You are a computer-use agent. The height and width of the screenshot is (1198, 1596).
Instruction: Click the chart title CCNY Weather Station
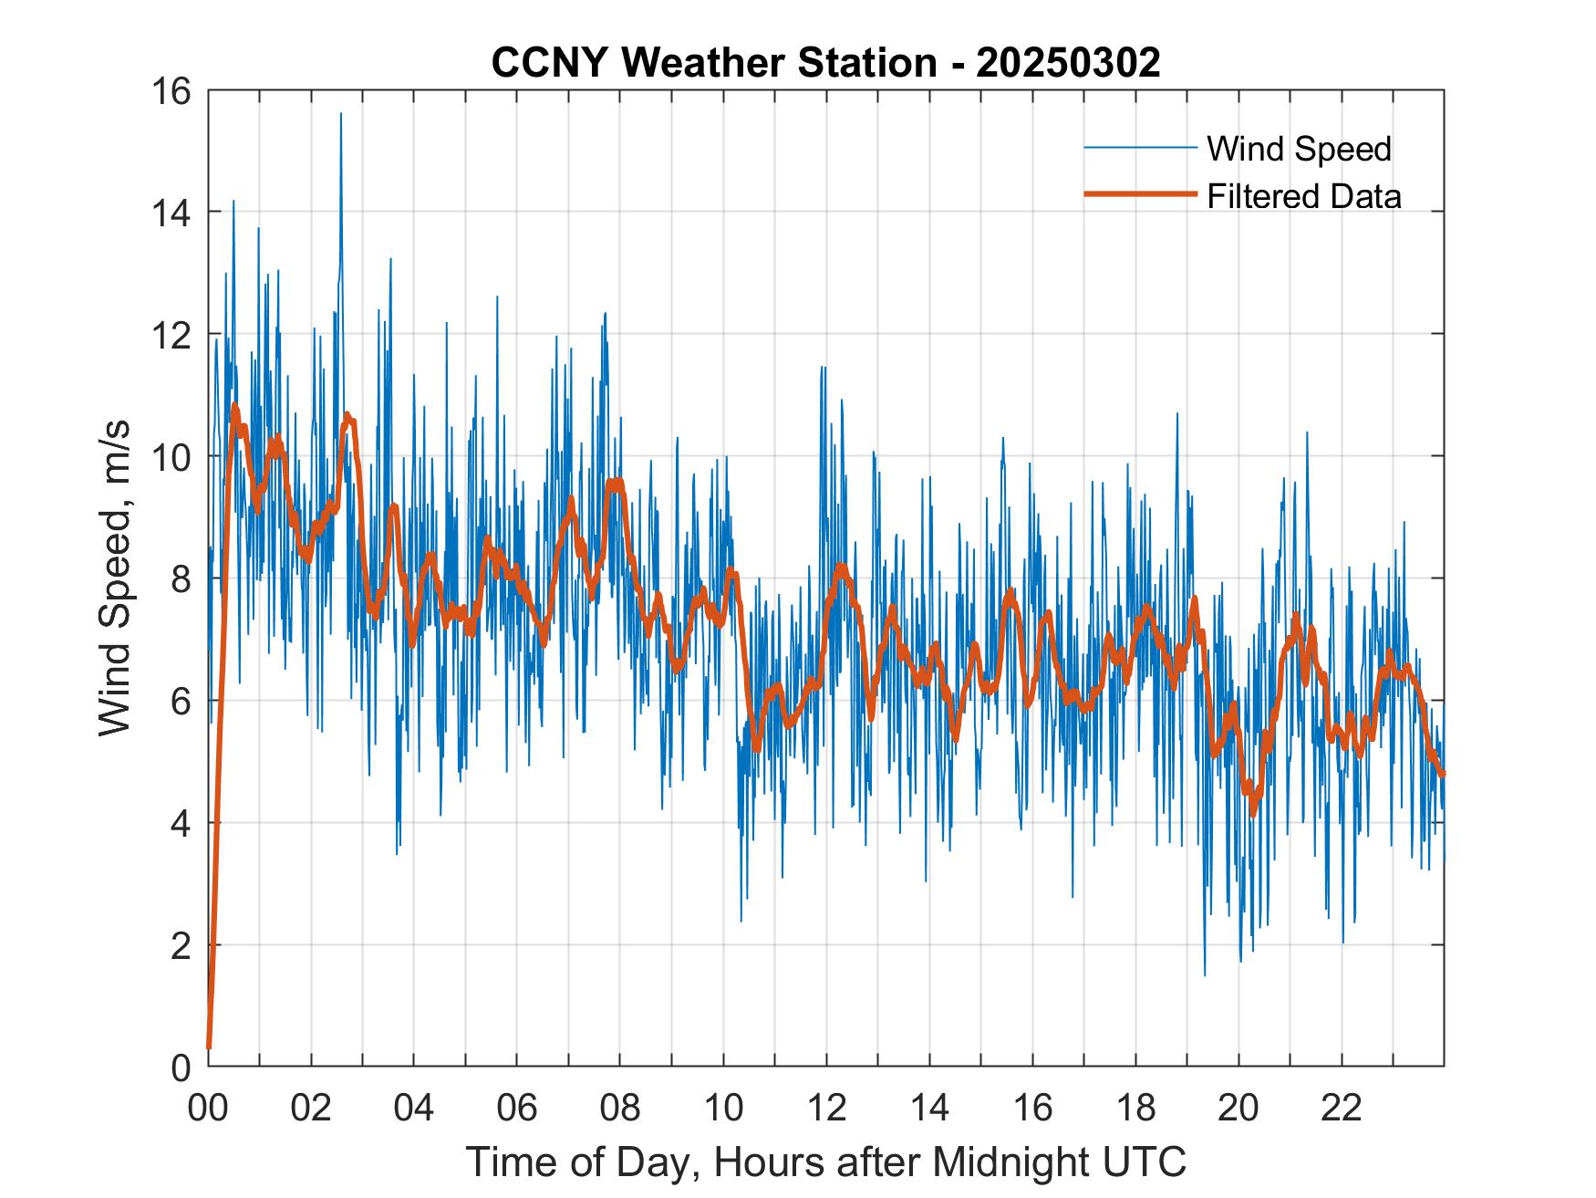(x=713, y=63)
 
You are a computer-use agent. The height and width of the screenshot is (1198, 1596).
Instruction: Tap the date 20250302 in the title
(x=1068, y=63)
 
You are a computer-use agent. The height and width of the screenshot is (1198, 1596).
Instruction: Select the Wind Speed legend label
(x=1299, y=149)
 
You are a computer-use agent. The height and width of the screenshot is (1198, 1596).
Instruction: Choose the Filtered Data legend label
(x=1303, y=196)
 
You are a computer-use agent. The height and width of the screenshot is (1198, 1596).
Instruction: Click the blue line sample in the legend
(x=1139, y=148)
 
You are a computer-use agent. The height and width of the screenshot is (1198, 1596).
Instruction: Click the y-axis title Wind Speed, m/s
(x=116, y=578)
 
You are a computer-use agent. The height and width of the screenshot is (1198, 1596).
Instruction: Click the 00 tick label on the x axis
(x=208, y=1108)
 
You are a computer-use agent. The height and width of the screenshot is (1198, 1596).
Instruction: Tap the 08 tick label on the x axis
(x=620, y=1108)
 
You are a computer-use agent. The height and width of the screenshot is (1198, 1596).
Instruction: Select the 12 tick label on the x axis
(x=826, y=1108)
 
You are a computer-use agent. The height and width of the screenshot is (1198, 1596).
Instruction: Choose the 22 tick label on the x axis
(x=1342, y=1108)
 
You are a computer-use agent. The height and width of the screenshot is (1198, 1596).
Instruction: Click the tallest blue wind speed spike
(x=341, y=115)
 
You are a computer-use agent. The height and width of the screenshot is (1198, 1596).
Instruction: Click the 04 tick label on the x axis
(x=414, y=1108)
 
